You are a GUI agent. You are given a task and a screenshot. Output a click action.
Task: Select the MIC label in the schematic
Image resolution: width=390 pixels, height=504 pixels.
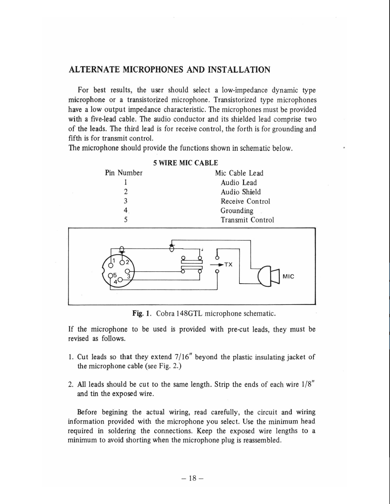(289, 276)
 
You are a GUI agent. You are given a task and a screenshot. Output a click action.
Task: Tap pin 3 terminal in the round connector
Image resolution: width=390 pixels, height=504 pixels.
(127, 271)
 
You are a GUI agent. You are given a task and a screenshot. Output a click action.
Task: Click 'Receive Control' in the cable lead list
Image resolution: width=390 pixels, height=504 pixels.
(245, 201)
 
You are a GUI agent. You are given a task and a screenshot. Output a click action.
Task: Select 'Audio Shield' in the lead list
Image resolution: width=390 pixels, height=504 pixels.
(240, 192)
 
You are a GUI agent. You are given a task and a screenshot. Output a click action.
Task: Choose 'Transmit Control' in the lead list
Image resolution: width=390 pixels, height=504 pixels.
(247, 220)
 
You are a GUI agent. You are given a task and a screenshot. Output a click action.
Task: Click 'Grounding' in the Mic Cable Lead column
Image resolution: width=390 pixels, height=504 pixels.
(237, 211)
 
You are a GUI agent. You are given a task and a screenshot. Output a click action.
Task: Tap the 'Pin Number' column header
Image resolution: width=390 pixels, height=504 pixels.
(124, 173)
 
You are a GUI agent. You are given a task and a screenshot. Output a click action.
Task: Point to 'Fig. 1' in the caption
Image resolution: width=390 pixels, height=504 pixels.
(142, 313)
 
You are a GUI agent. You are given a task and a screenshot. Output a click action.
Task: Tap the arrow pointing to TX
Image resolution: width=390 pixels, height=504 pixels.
(218, 264)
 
